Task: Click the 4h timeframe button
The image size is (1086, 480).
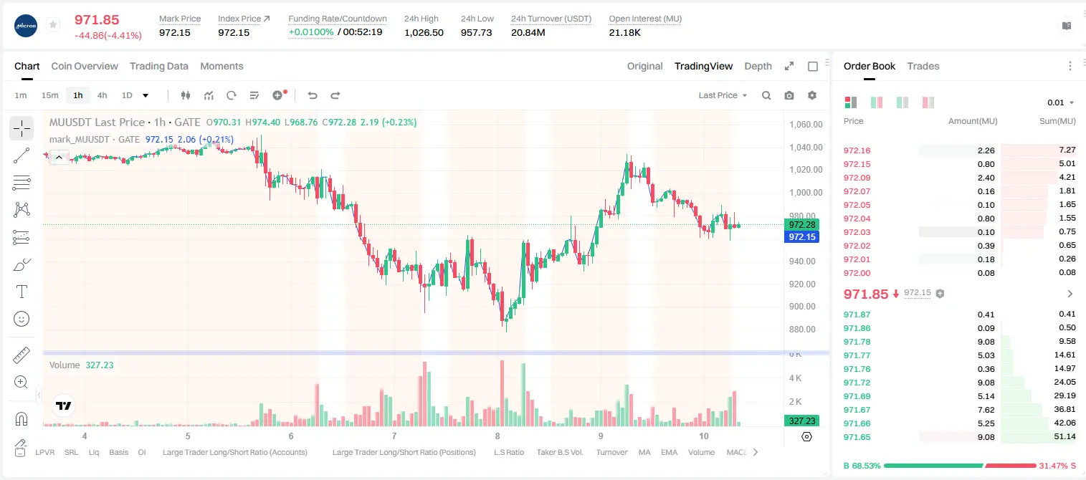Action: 102,95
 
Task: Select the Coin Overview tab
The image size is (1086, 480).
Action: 85,66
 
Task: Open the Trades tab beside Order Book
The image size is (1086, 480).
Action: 923,66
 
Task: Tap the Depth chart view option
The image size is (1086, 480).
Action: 758,66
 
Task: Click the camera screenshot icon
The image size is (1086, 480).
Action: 789,95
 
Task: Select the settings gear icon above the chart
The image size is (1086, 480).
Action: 812,95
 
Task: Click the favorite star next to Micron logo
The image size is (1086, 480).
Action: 53,24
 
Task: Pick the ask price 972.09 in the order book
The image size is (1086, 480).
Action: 857,178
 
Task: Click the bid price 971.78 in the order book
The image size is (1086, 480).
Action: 857,342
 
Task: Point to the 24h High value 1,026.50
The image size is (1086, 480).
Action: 424,32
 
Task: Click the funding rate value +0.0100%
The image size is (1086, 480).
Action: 311,32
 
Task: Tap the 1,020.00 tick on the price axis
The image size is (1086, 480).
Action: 806,170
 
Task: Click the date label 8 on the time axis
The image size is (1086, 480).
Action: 497,436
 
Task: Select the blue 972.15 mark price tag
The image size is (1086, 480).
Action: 802,237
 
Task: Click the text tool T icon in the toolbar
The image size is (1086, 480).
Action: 22,292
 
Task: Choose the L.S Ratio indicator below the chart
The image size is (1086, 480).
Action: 508,452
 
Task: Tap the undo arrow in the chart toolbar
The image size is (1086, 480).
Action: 313,95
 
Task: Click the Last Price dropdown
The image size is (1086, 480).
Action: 723,95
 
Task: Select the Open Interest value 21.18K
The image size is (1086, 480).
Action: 624,32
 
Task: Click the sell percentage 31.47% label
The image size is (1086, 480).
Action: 1054,466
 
